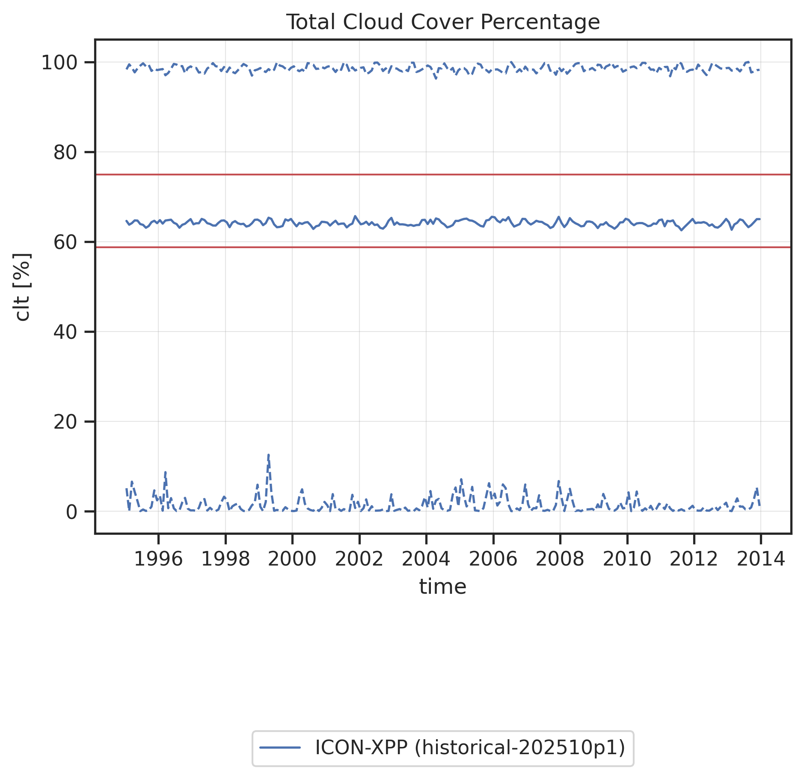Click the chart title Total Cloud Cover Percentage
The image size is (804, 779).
(443, 22)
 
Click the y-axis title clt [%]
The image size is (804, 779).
(22, 287)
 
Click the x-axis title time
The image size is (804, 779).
(442, 587)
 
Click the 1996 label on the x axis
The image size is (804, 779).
(158, 559)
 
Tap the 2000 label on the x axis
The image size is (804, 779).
(292, 559)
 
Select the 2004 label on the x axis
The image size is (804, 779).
(426, 559)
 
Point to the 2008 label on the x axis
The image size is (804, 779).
(560, 559)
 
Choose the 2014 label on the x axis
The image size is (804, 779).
(760, 559)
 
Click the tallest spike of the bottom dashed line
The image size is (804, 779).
(268, 455)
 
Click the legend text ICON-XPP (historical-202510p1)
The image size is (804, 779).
(470, 748)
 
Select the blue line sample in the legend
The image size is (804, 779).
(280, 748)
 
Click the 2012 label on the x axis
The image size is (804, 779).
(694, 559)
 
